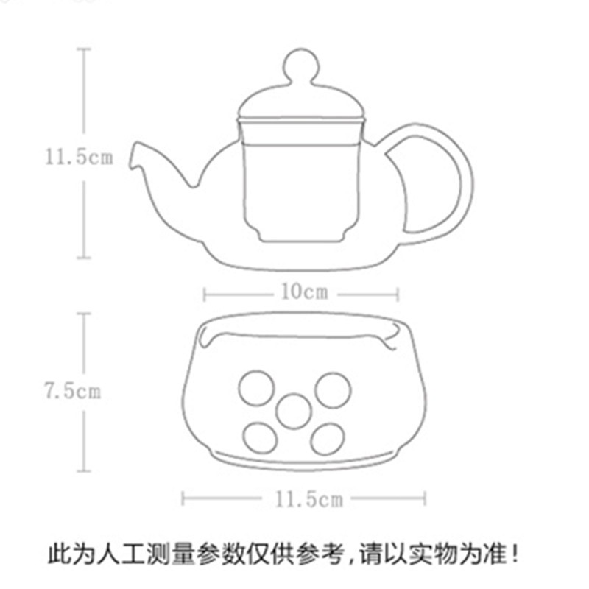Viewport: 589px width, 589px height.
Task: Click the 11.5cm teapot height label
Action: click(x=79, y=157)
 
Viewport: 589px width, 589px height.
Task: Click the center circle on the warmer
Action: click(x=294, y=411)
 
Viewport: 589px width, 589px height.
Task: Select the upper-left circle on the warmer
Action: click(x=256, y=387)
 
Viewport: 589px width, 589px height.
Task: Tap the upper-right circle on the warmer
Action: click(x=333, y=388)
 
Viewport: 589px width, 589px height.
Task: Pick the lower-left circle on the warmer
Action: click(x=261, y=438)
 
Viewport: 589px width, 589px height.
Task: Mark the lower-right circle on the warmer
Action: click(x=328, y=438)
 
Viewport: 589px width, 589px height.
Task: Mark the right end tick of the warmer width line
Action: click(x=425, y=499)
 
